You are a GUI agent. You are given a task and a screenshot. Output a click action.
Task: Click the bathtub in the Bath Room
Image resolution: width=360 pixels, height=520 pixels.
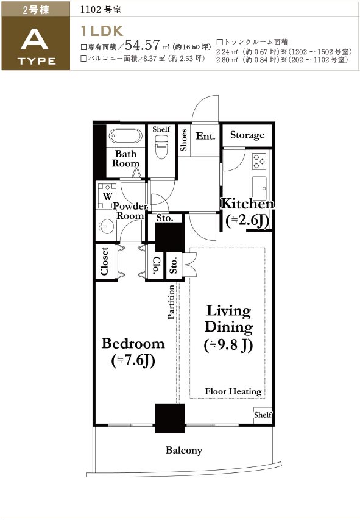coord(125,136)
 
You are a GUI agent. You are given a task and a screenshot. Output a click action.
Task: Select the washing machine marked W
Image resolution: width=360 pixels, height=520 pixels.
coord(107,195)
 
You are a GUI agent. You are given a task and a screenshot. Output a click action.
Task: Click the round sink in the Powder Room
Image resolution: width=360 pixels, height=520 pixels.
coord(106,227)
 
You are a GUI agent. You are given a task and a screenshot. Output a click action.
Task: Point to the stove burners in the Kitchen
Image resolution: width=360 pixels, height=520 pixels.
coord(259,162)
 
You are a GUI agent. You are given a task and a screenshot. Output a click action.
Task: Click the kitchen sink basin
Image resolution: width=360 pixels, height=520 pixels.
coord(259,188)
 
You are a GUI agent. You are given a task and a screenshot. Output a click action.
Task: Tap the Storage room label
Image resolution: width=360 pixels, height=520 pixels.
coord(247,135)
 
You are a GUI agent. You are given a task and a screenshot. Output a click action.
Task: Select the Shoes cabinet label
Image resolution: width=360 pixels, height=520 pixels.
coord(183,140)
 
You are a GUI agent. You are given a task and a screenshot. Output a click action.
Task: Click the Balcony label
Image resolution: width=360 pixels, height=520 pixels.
coord(183,450)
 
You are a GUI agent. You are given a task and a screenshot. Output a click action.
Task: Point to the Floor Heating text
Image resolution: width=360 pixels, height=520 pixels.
coord(233,391)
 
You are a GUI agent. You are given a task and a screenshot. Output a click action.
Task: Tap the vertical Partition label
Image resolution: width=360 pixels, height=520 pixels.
coord(171,302)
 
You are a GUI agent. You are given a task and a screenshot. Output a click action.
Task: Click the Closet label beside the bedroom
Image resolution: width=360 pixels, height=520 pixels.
coord(104,262)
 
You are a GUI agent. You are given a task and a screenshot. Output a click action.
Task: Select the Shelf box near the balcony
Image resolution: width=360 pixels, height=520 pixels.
coord(263,415)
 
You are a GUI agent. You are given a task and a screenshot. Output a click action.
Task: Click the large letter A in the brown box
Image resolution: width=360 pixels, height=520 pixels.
coord(35,40)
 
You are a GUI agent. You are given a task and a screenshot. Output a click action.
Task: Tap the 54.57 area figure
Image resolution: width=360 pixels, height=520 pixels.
coord(143,45)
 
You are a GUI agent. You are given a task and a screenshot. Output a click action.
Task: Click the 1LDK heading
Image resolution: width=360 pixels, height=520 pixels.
coord(102,31)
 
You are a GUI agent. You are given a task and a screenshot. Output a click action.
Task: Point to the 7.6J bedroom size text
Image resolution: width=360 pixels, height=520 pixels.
coord(133,360)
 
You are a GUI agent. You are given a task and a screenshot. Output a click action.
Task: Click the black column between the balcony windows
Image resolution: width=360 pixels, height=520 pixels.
coord(170,418)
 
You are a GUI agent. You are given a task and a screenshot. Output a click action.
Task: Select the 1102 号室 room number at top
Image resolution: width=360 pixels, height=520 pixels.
coord(101,10)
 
